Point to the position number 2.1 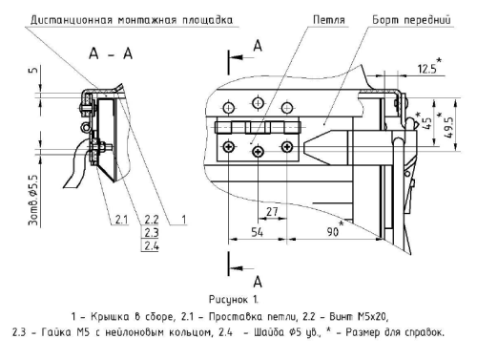point(120,220)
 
